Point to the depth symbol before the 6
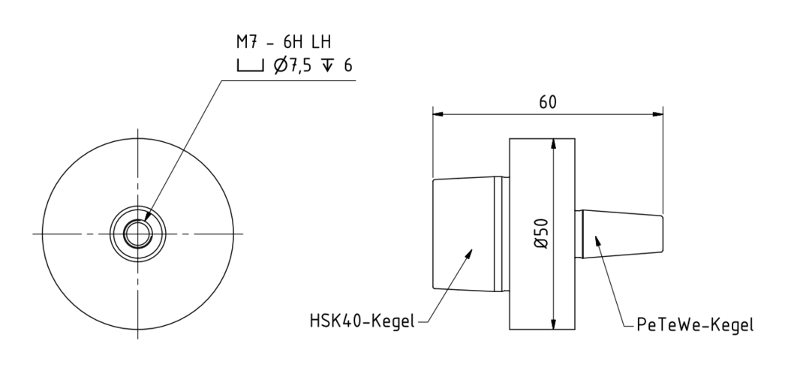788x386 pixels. [x=328, y=66]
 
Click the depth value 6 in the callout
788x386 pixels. [x=347, y=66]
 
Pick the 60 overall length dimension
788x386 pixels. [x=549, y=103]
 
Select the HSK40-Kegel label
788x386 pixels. [x=362, y=321]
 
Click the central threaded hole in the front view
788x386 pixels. [x=137, y=234]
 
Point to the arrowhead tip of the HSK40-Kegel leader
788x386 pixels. [x=472, y=250]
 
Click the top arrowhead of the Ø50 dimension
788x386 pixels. [x=552, y=141]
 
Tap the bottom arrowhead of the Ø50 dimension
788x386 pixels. [x=552, y=327]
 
